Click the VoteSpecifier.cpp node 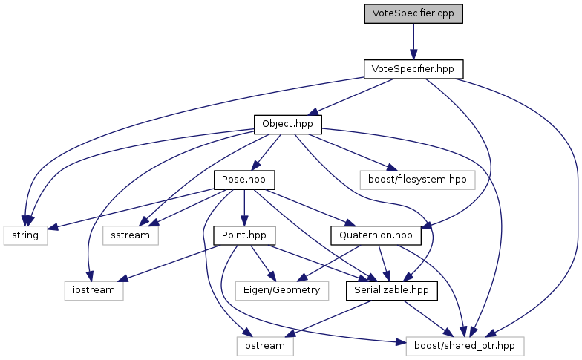click(413, 13)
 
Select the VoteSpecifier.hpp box click(413, 69)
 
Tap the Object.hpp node click(288, 125)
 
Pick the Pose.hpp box click(243, 180)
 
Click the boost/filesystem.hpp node click(417, 180)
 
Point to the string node click(25, 235)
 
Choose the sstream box click(131, 235)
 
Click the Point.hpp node click(244, 235)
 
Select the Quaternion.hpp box click(376, 235)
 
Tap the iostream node click(94, 291)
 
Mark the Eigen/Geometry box click(282, 291)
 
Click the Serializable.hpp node click(392, 291)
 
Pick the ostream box click(265, 346)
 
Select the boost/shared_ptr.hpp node click(465, 346)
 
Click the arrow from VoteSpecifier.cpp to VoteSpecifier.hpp click(413, 42)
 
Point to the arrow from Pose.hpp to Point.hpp click(243, 208)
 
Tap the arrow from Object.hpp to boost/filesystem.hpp click(350, 152)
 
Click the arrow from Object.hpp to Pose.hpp click(266, 152)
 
